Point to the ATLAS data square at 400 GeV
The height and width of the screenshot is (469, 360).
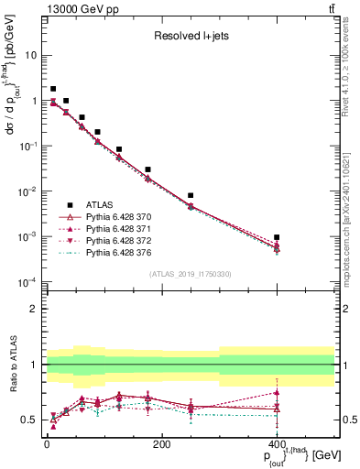[x=277, y=237]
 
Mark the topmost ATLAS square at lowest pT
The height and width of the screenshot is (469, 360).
[x=53, y=89]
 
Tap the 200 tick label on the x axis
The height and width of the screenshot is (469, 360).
[x=161, y=443]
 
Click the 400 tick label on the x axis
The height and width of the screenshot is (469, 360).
[x=277, y=443]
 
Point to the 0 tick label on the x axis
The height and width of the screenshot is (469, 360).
[x=47, y=443]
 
